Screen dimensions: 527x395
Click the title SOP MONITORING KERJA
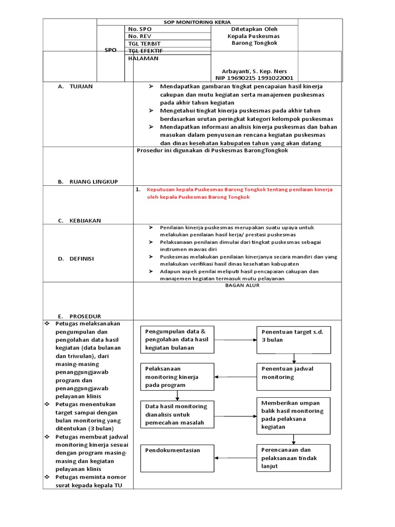pyautogui.click(x=197, y=22)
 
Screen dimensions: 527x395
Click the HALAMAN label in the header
pyautogui.click(x=143, y=58)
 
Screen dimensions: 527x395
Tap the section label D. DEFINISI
pyautogui.click(x=76, y=259)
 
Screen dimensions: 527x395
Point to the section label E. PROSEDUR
pyautogui.click(x=79, y=316)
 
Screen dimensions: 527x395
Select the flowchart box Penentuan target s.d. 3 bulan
pyautogui.click(x=294, y=340)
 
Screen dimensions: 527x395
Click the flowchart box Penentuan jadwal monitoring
pyautogui.click(x=294, y=376)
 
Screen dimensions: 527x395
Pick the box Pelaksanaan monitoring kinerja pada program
pyautogui.click(x=177, y=377)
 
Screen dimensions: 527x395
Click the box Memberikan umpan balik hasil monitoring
pyautogui.click(x=294, y=415)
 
